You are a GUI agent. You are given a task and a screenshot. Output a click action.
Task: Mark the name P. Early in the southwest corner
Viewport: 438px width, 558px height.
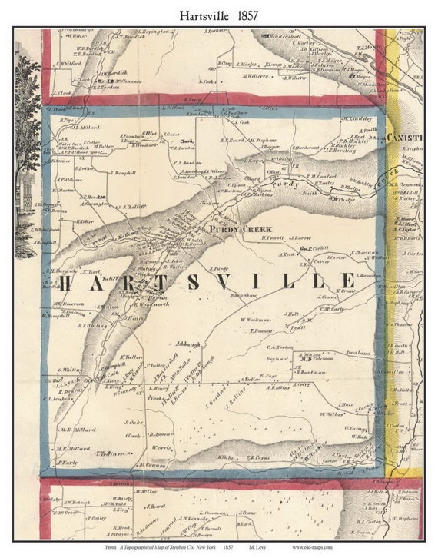[x=68, y=463]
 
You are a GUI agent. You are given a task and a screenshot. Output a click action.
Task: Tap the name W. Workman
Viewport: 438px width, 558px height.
[x=254, y=319]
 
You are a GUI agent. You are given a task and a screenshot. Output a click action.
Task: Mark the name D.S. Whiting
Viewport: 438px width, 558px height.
[x=91, y=325]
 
